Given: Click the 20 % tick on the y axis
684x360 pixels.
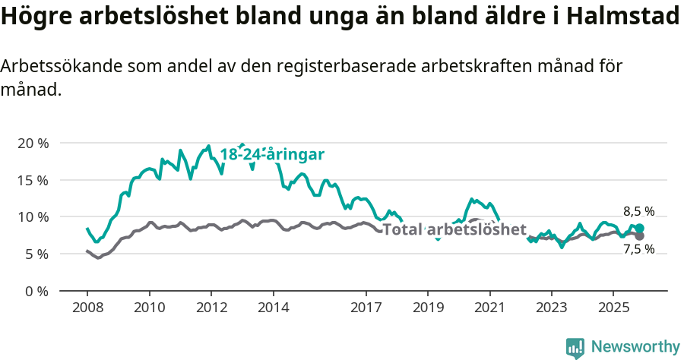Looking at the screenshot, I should pos(33,144).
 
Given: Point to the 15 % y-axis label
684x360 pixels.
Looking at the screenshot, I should pos(33,180).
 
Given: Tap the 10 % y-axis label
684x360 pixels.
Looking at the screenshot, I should pos(33,217).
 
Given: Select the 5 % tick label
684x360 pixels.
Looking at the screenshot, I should pos(36,254).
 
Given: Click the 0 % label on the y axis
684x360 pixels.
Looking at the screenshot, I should pos(36,291).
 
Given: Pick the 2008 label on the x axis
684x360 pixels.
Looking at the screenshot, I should pos(87,308).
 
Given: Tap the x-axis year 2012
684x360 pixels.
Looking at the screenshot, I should pos(211,308).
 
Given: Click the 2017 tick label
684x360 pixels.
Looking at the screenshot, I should pos(366,308).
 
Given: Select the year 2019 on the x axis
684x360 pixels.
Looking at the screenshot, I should pos(428,308).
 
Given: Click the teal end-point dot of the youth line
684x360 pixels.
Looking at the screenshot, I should pos(640,229).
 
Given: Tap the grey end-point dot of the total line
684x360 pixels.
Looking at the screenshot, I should pos(640,236).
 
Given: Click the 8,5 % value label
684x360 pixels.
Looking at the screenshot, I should pos(638,212).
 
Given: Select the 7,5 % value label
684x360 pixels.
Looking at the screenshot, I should pos(638,250).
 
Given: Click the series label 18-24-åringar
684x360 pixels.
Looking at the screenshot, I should pos(272,154).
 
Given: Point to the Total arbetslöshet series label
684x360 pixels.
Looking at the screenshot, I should pos(454,229).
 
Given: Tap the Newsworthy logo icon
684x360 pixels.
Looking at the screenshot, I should pos(575,348).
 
